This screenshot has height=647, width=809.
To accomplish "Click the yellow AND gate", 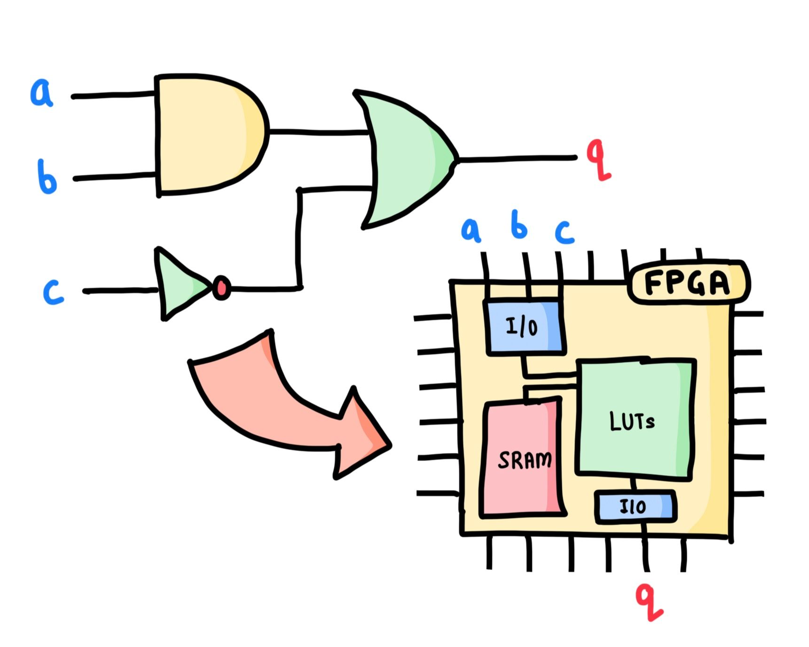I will [x=207, y=134].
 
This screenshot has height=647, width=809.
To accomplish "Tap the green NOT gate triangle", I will [x=179, y=284].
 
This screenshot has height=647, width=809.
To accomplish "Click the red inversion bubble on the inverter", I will [x=221, y=287].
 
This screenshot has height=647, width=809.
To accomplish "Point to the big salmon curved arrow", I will [x=282, y=404].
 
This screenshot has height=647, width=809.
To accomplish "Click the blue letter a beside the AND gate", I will [x=41, y=93].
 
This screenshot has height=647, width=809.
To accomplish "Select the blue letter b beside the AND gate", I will [x=47, y=178].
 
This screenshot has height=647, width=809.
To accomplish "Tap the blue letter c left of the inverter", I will [x=53, y=292].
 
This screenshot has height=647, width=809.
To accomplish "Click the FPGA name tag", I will [x=687, y=283].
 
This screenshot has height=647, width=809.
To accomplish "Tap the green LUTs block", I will [x=635, y=418].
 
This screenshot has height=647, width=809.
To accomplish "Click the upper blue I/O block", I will [x=524, y=327].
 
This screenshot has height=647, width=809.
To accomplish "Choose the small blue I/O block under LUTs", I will [x=635, y=507].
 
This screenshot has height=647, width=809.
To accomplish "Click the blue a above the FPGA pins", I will [x=471, y=230].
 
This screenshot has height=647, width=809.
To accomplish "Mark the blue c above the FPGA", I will [x=564, y=232].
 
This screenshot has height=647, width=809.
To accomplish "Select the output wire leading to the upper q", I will [x=517, y=159].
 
